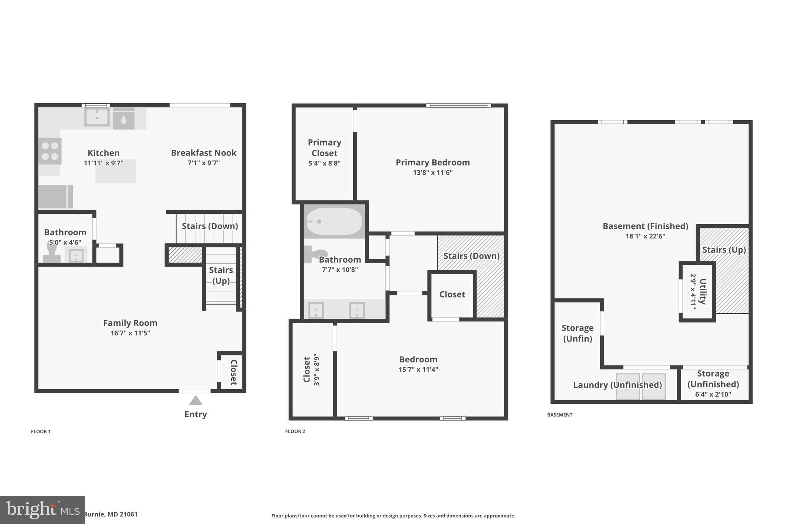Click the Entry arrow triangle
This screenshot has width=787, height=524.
pos(196,401)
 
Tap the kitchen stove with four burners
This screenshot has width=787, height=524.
pos(50,151)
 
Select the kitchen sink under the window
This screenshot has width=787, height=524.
pos(97,116)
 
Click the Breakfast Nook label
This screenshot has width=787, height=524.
pos(204,153)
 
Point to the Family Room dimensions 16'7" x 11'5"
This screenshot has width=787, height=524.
pos(130,333)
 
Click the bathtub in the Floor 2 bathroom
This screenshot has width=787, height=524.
pos(334,222)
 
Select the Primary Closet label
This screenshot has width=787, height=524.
pos(324,148)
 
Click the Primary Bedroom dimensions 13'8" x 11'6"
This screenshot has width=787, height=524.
pos(433,172)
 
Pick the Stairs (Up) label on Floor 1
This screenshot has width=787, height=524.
pos(221,275)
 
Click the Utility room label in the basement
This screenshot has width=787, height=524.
pos(702,291)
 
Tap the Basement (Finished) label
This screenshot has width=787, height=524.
pos(645,226)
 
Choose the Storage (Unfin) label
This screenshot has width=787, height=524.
pos(577,333)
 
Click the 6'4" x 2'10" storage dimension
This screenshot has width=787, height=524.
pos(713,394)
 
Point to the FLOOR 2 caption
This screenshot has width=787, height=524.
pos(295,431)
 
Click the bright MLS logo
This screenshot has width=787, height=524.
pos(43,510)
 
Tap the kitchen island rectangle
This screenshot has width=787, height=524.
pos(115,172)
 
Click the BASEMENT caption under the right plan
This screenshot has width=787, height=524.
pos(560,415)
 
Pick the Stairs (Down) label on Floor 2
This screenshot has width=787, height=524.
pos(471,256)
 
